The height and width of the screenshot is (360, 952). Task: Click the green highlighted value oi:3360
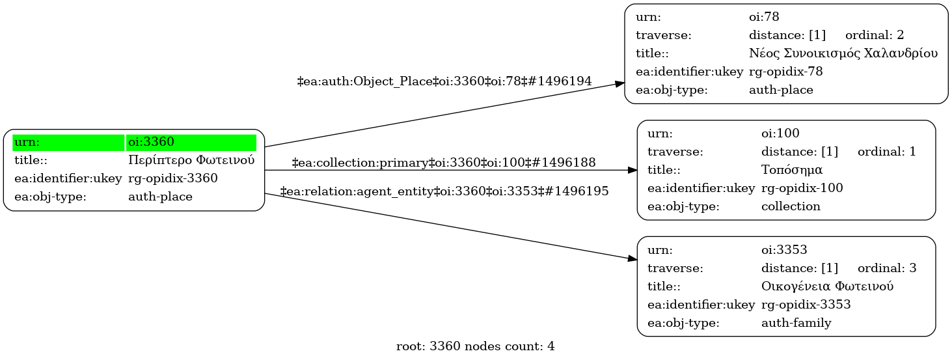click(151, 142)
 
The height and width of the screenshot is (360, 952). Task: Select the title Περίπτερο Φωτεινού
click(191, 160)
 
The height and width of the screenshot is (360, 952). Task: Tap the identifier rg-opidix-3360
click(173, 178)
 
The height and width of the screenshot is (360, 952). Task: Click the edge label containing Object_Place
click(444, 81)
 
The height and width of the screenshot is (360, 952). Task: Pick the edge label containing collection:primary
click(444, 163)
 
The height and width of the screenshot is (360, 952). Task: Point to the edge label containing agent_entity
click(444, 191)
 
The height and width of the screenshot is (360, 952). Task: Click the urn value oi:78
click(764, 17)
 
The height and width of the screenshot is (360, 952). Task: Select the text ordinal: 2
click(875, 35)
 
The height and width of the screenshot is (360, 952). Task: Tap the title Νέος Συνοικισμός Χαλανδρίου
click(843, 53)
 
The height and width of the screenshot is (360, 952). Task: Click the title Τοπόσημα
click(792, 170)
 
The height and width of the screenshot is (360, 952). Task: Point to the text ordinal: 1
click(887, 152)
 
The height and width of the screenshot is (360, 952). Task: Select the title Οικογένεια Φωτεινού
click(826, 286)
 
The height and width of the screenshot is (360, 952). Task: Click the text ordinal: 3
click(887, 268)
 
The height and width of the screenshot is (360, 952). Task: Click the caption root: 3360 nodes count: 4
click(475, 346)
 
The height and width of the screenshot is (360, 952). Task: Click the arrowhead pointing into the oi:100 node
click(632, 170)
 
